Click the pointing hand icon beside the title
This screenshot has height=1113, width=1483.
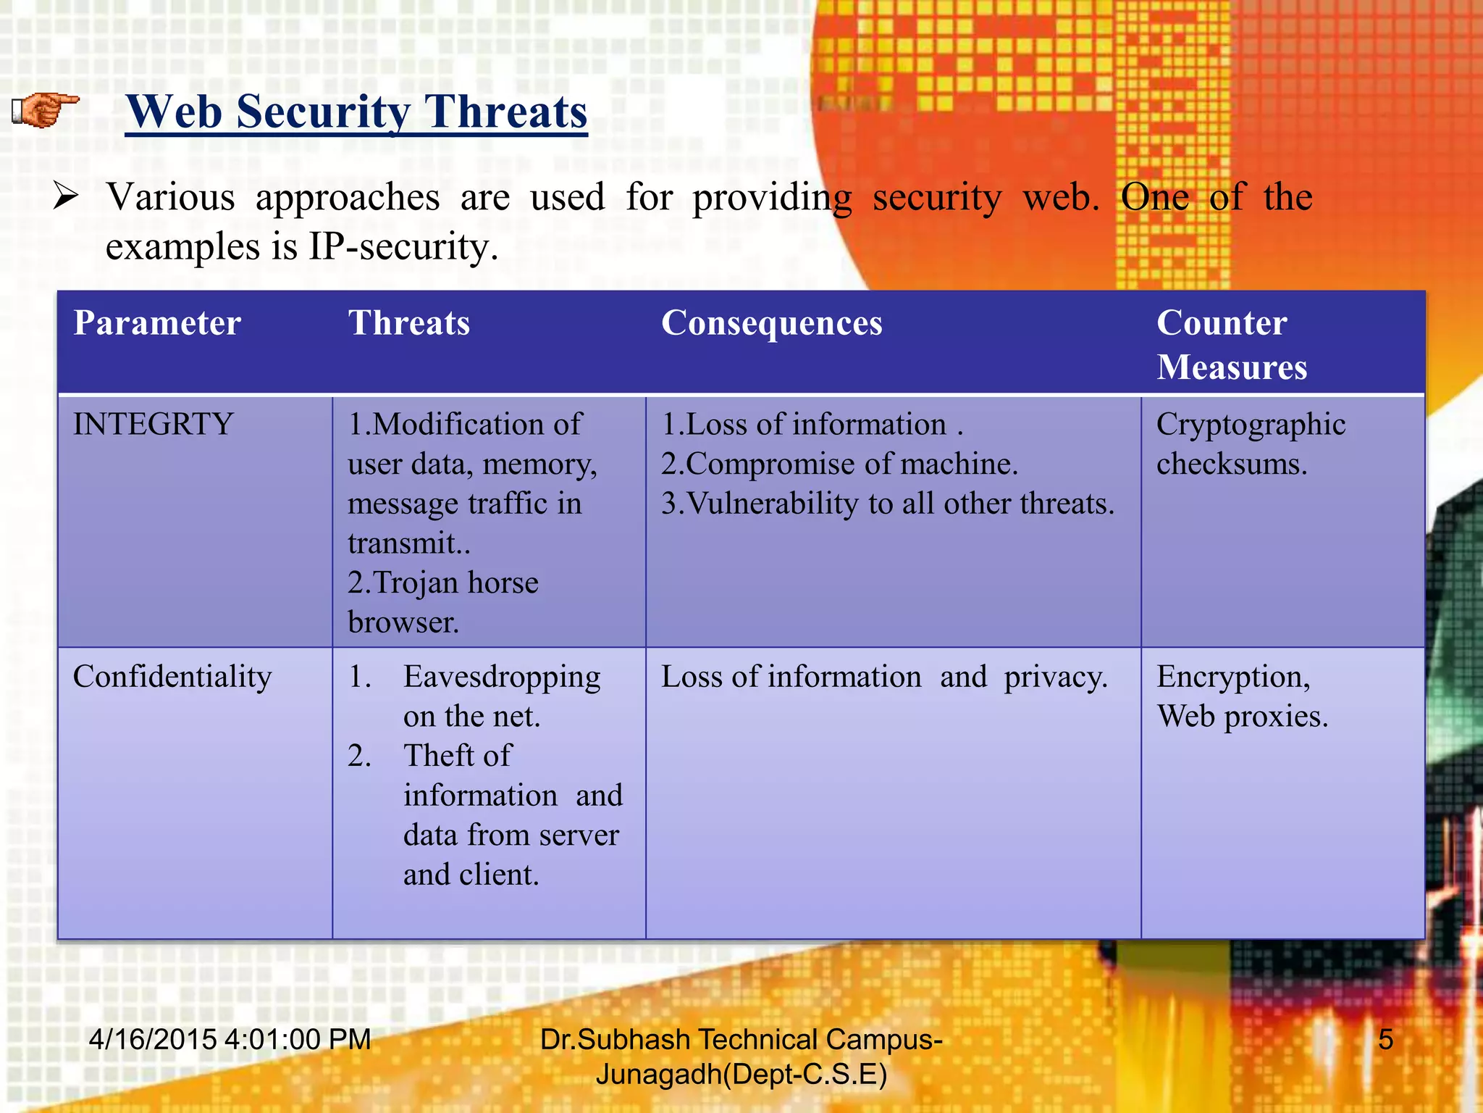pyautogui.click(x=46, y=111)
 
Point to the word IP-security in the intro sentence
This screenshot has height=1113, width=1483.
pyautogui.click(x=403, y=247)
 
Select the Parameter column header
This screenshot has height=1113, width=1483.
pyautogui.click(x=157, y=323)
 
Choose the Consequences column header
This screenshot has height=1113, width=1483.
pyautogui.click(x=771, y=323)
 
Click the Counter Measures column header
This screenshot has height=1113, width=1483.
pyautogui.click(x=1231, y=345)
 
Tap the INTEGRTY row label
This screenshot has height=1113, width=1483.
pyautogui.click(x=153, y=425)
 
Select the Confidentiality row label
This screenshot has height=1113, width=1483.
pyautogui.click(x=172, y=677)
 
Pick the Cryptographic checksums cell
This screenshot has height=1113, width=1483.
pyautogui.click(x=1250, y=444)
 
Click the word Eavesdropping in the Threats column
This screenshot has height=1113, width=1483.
pyautogui.click(x=502, y=677)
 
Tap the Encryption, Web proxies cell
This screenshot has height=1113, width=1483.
pyautogui.click(x=1241, y=696)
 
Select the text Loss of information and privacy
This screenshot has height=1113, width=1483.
pyautogui.click(x=883, y=677)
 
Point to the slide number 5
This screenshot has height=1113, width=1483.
pyautogui.click(x=1385, y=1040)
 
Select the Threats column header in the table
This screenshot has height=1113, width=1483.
pyautogui.click(x=409, y=323)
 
